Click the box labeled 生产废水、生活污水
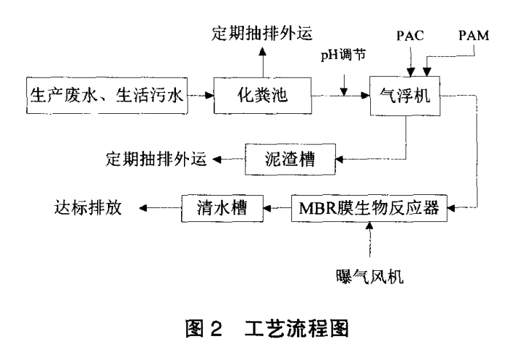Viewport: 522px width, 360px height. click(107, 94)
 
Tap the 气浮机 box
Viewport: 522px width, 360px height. click(407, 94)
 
